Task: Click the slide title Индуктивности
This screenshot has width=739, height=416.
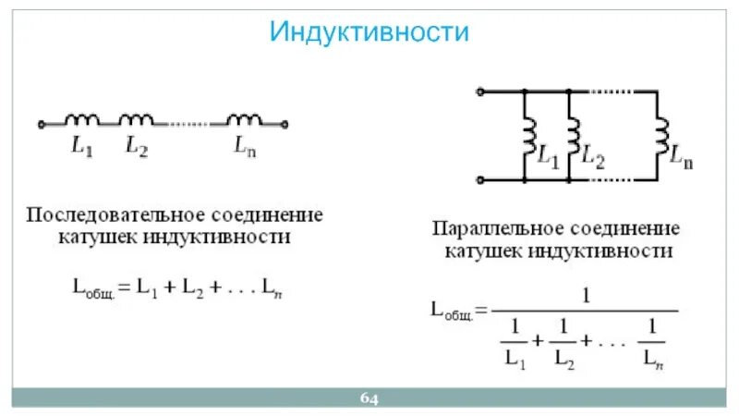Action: point(369,32)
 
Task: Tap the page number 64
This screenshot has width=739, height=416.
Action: point(369,398)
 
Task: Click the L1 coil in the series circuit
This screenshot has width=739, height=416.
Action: point(83,119)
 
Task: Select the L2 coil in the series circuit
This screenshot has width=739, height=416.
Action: point(137,119)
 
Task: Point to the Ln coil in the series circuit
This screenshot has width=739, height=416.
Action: point(245,119)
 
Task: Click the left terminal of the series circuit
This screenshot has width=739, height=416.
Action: point(42,123)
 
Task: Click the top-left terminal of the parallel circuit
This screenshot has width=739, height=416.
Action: point(479,92)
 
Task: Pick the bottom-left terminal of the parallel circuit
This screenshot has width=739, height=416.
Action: point(479,179)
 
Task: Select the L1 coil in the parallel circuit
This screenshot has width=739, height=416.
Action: point(529,135)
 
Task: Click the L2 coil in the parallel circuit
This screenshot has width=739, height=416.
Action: point(572,135)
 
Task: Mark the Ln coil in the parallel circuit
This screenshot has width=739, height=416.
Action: point(661,135)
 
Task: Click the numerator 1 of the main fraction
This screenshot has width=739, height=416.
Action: point(586,298)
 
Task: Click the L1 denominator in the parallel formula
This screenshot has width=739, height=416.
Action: point(515,356)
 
